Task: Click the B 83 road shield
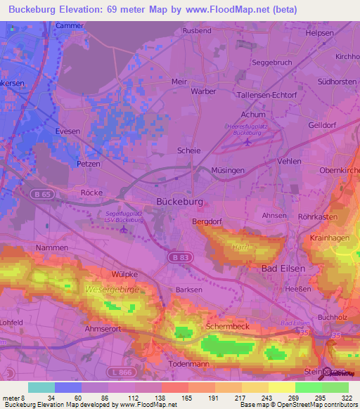[178, 259]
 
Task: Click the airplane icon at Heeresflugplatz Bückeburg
[247, 143]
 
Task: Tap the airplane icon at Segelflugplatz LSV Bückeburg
[124, 228]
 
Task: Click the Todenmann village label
[191, 364]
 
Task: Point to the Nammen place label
[52, 248]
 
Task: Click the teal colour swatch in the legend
[41, 387]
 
